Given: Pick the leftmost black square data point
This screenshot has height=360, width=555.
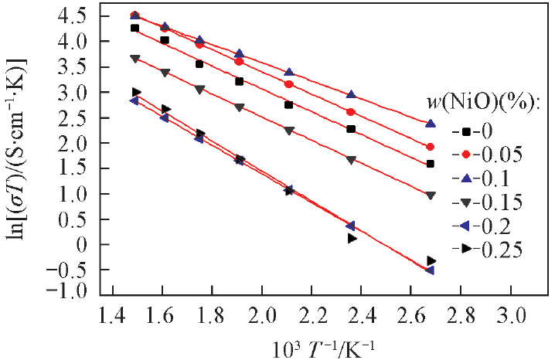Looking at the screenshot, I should coord(134,28).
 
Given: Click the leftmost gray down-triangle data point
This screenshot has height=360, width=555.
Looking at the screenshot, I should coord(134,58).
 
